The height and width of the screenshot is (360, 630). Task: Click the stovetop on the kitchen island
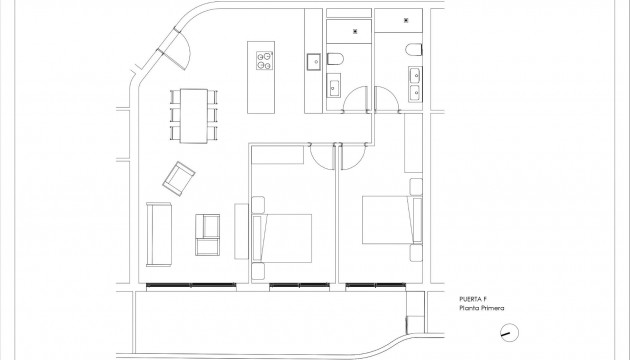pyautogui.click(x=264, y=62)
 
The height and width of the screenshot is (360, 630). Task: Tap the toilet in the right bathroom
pyautogui.click(x=413, y=50)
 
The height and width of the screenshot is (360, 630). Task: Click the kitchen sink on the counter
pyautogui.click(x=311, y=63)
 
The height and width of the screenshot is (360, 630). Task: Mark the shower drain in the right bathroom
pyautogui.click(x=407, y=18)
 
